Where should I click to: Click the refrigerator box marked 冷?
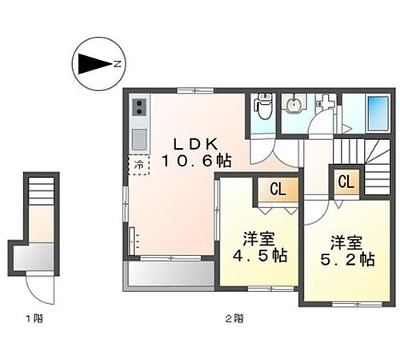(x=138, y=166)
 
